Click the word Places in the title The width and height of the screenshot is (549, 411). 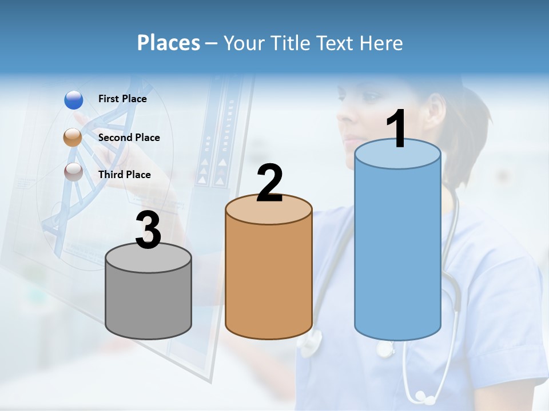click(x=168, y=43)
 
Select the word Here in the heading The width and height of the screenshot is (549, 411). click(x=381, y=43)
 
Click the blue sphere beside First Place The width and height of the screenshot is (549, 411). click(x=74, y=100)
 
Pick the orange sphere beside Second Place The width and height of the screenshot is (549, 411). click(x=73, y=138)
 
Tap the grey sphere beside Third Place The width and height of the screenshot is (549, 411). click(x=73, y=172)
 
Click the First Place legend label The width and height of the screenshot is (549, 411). click(x=122, y=99)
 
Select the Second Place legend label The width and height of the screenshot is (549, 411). click(x=129, y=138)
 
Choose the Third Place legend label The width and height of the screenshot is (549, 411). click(x=124, y=175)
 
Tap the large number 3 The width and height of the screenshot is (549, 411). click(x=149, y=230)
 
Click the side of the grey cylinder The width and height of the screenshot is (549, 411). click(x=149, y=303)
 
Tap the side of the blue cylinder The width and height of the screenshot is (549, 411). click(x=398, y=251)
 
